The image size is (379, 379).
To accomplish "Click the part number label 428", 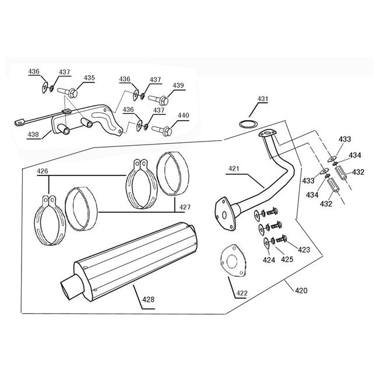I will pyautogui.click(x=149, y=300).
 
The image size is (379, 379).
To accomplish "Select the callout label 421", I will pyautogui.click(x=234, y=169).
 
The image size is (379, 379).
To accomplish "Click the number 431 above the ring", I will pyautogui.click(x=262, y=99).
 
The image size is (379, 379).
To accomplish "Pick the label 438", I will pyautogui.click(x=33, y=134).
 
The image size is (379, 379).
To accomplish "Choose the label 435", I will pyautogui.click(x=89, y=78).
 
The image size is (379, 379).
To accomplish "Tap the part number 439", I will pyautogui.click(x=178, y=85).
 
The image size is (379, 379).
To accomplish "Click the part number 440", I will pyautogui.click(x=183, y=115).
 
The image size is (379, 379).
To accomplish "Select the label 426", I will pyautogui.click(x=43, y=171).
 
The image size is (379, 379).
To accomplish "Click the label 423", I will pyautogui.click(x=303, y=250).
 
